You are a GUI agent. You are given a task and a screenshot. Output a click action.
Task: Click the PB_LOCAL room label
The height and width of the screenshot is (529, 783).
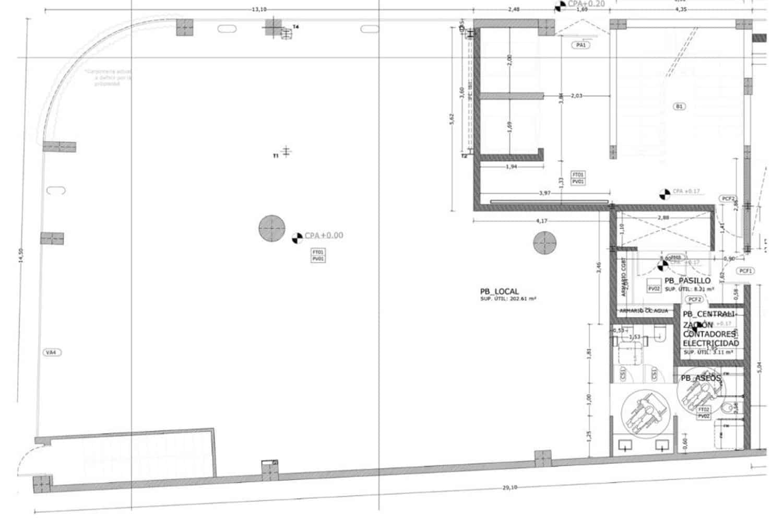pos(500,291)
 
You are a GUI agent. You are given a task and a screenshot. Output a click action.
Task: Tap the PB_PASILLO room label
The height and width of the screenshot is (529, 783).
pos(687,281)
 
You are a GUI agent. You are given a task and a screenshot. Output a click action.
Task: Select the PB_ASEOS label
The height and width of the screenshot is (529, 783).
pos(701,378)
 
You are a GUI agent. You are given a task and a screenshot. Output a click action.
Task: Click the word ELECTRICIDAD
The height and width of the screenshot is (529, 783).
pos(710,343)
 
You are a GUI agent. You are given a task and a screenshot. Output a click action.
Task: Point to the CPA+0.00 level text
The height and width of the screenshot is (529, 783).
pos(324,236)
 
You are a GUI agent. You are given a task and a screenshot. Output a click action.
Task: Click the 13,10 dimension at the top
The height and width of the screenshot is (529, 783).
pos(259,9)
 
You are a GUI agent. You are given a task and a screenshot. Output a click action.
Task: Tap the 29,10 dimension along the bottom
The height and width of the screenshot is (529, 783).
pos(509,487)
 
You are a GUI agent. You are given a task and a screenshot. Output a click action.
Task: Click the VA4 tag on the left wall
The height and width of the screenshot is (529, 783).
pos(52,352)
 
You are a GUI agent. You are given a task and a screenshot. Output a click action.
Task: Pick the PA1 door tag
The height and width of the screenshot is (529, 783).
pos(581,45)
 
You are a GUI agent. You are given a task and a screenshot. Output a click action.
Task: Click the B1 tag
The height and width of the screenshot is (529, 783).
pos(679,106)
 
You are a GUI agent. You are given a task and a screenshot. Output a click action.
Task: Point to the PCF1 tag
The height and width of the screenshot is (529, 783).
pos(745,271)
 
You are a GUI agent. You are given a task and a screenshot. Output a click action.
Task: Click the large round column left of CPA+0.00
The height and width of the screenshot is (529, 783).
pos(272,229)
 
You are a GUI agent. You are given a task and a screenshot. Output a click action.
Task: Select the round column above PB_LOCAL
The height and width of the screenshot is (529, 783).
pos(544,243)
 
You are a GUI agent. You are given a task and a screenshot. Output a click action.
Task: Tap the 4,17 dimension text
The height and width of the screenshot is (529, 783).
pos(542,221)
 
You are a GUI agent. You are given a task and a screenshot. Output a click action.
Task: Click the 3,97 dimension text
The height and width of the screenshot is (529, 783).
pos(544,193)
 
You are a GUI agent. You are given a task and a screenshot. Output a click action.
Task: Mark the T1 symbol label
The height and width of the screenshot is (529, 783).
pos(276,156)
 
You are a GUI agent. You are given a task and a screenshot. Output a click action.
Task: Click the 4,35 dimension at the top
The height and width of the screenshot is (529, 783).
pos(681,9)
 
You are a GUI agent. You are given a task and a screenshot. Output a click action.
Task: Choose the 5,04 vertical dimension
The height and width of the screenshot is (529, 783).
pos(760,367)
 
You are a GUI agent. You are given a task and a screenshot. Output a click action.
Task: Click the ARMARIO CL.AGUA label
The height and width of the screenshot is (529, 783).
pos(643,311)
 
